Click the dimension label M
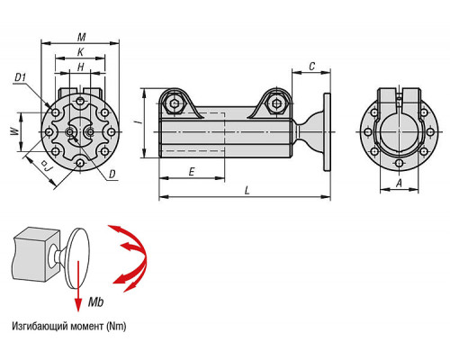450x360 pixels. tap(81, 37)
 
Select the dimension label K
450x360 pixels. tap(80, 52)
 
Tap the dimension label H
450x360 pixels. tap(81, 67)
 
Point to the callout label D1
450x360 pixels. tap(21, 77)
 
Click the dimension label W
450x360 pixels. tap(14, 131)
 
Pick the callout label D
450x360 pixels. tap(112, 174)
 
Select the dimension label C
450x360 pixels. tap(312, 66)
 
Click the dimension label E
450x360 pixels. tap(192, 172)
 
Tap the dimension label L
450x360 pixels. tap(247, 191)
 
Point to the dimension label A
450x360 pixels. tap(399, 183)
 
